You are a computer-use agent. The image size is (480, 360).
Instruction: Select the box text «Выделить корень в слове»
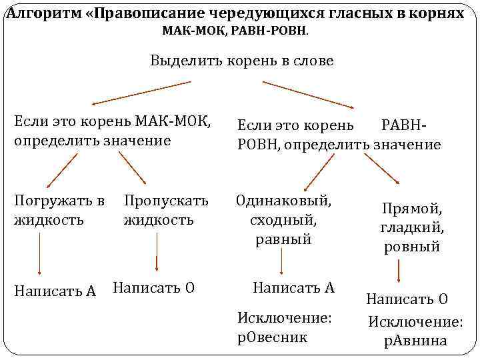coord(242,61)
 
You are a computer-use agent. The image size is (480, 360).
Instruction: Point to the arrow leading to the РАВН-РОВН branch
coord(307,94)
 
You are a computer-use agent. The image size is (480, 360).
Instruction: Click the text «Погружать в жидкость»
coord(59,209)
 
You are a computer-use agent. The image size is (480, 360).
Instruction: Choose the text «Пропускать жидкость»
coord(166,209)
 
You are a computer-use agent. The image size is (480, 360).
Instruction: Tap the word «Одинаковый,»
coord(283,200)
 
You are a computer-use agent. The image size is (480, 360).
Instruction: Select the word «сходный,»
coord(283,219)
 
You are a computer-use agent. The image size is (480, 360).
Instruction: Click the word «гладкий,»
coord(412,228)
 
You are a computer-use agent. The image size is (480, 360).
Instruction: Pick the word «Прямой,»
coord(412,209)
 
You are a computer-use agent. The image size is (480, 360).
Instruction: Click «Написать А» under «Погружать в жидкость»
coord(55,291)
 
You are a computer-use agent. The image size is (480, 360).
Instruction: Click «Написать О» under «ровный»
coord(407,299)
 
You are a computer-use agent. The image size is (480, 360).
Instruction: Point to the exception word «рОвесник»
coord(273,337)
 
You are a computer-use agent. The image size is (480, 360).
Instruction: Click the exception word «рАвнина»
coord(415,341)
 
